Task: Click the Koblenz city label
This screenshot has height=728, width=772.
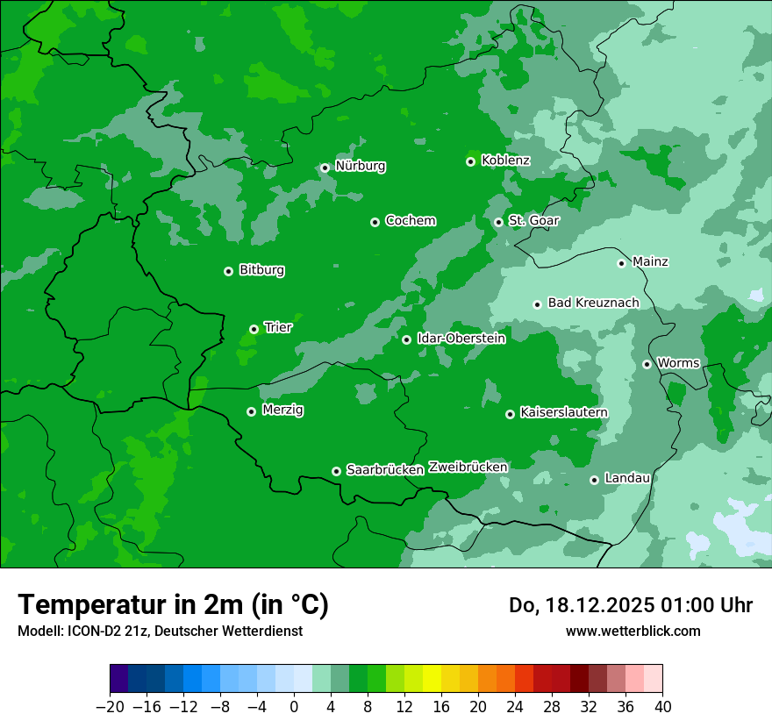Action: tap(505, 161)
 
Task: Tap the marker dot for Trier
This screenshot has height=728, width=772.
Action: tap(254, 329)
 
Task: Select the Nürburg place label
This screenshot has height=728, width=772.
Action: tap(360, 166)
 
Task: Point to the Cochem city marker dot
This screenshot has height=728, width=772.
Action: tap(375, 222)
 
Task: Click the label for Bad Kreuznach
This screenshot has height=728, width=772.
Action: tap(593, 303)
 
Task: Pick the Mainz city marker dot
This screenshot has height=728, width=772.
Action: tap(621, 263)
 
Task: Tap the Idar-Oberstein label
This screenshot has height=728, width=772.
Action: tap(461, 339)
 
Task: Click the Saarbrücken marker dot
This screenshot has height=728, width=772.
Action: tap(336, 471)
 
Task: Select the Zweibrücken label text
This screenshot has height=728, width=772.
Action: tap(468, 467)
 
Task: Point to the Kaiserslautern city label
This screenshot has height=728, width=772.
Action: tap(563, 412)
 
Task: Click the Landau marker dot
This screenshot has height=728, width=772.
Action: tap(594, 480)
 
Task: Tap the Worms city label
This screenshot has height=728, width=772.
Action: tap(678, 363)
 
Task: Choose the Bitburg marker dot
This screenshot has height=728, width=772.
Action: tap(228, 271)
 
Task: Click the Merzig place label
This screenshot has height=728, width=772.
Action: tap(282, 410)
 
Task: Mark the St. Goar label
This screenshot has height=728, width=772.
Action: tap(533, 221)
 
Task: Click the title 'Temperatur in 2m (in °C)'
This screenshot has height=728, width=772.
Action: tap(173, 604)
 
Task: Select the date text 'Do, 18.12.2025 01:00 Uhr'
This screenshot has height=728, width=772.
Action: tap(630, 605)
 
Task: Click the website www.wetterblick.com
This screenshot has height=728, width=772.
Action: tap(633, 631)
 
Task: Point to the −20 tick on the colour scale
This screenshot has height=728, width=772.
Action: tap(110, 707)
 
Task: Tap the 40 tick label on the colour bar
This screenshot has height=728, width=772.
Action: tap(662, 707)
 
